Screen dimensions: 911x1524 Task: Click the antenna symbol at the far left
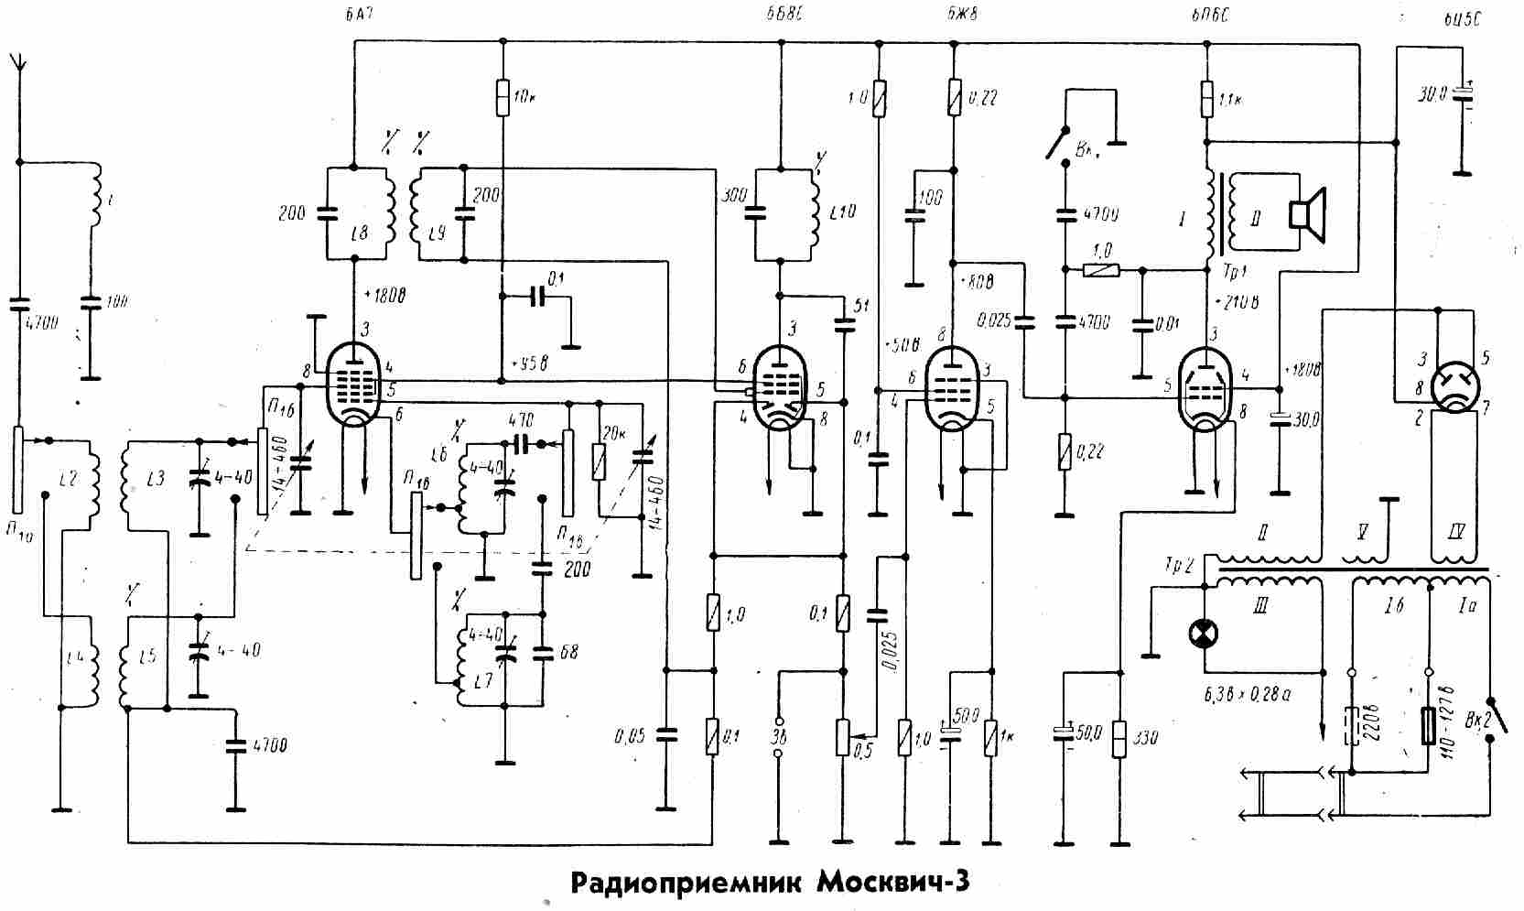pos(17,64)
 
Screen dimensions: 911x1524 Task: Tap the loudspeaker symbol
pos(1307,213)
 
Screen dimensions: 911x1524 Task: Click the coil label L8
pos(361,235)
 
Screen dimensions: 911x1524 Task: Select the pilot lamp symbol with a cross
pos(1203,633)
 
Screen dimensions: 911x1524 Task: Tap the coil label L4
pos(75,656)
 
